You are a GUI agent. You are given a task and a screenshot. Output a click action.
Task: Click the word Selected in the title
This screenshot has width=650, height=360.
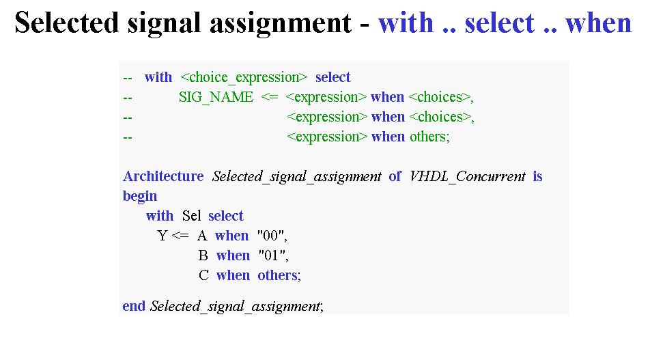[x=67, y=23]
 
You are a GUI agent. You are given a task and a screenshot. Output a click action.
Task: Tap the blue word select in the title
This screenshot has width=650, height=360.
[x=500, y=23]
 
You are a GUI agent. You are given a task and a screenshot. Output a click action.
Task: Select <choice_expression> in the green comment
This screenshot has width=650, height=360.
[x=244, y=78]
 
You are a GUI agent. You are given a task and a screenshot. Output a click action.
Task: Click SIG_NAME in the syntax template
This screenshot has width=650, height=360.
[x=216, y=98]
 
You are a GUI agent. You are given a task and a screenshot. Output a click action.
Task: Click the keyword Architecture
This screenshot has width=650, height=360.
[x=163, y=176]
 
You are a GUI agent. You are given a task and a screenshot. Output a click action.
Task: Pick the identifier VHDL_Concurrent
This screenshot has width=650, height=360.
[x=468, y=177]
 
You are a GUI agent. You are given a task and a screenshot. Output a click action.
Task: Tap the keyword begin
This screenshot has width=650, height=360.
[x=140, y=196]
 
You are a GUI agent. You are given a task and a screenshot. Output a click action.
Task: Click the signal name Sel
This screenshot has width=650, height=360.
[x=191, y=216]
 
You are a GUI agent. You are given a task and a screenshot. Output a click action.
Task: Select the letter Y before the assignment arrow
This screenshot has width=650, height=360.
[x=162, y=236]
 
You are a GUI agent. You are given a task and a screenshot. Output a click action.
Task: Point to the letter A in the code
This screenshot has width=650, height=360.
[x=202, y=236]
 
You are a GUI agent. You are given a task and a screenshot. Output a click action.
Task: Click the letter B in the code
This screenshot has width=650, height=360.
[x=203, y=255]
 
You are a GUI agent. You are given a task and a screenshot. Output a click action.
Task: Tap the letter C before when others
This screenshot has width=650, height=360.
[x=203, y=275]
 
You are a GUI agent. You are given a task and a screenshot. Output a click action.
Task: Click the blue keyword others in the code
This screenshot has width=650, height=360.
[x=277, y=275]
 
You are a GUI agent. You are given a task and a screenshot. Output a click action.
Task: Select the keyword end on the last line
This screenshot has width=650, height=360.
[x=134, y=306]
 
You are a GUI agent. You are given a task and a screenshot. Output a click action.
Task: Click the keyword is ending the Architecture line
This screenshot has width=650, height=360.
[x=537, y=176]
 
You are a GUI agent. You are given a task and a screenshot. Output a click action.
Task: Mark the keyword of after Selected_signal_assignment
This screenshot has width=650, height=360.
[x=395, y=176]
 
